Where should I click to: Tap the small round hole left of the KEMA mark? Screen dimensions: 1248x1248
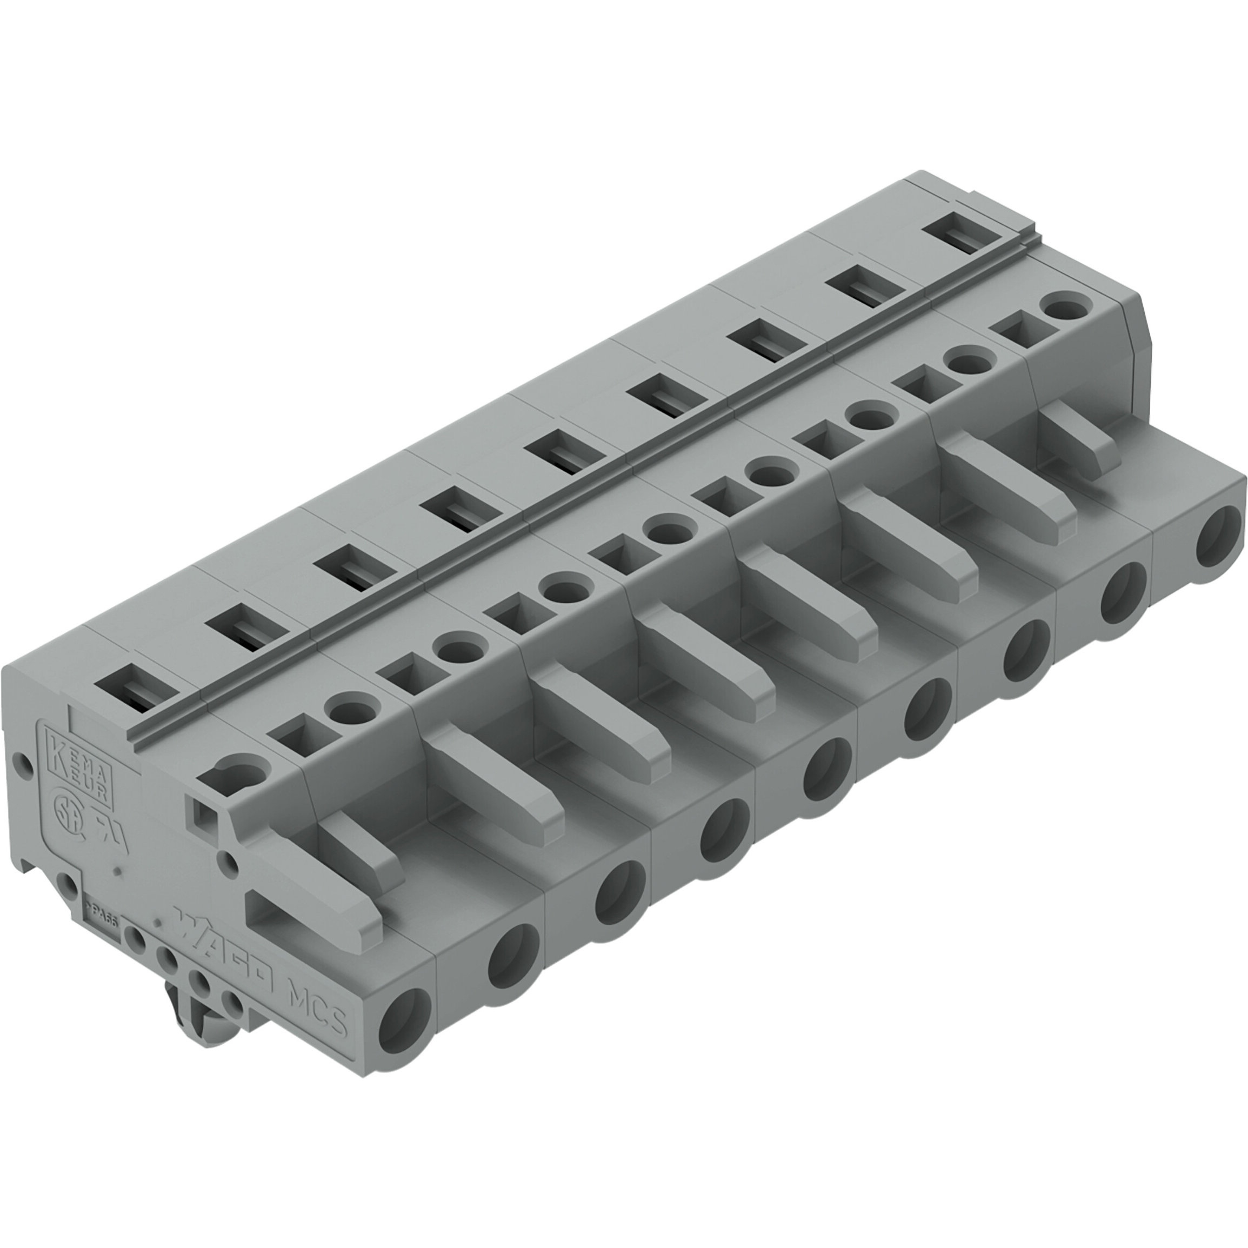pos(23,766)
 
